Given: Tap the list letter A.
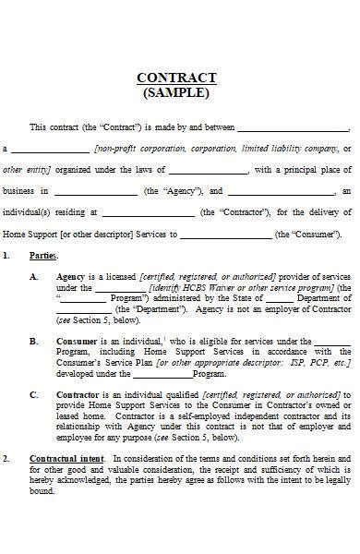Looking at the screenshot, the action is click(x=34, y=276).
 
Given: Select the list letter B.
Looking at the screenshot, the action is click(x=34, y=341).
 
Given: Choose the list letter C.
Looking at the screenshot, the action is click(x=34, y=395).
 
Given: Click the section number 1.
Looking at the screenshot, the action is click(x=7, y=255).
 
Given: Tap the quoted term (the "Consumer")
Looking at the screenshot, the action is click(x=309, y=235).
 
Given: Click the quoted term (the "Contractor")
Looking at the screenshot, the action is click(x=235, y=212).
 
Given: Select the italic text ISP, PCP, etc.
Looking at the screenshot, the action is click(x=321, y=362).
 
